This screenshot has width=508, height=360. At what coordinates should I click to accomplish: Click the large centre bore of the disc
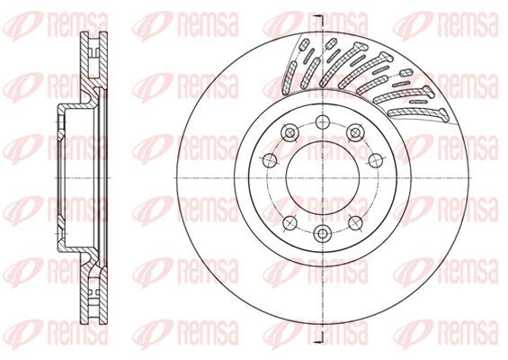pos(323,177)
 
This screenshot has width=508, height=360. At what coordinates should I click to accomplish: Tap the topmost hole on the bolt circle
pos(323,122)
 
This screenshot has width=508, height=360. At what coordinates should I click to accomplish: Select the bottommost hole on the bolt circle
pos(323,233)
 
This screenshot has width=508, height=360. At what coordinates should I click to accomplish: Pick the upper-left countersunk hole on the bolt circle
pos(290,132)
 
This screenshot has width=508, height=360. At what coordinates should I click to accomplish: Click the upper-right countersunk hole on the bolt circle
pos(355,132)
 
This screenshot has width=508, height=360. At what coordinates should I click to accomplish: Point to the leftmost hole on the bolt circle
pos(270,160)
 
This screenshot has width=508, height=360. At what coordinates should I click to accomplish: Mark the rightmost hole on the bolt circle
pos(376,160)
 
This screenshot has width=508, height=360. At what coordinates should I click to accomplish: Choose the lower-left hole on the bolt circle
pos(290,223)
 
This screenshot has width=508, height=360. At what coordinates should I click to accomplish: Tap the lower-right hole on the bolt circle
pos(355,223)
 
